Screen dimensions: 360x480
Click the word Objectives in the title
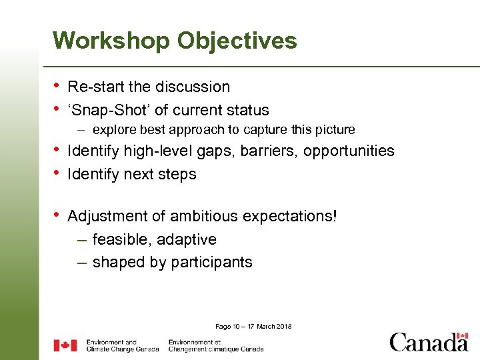pos(237,41)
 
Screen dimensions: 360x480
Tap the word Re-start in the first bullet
pos(93,87)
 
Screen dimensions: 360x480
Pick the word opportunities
pos(349,151)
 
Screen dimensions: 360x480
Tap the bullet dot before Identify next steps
pos(57,174)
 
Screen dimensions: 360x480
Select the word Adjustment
pos(108,216)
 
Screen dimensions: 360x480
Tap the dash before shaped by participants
pos(81,263)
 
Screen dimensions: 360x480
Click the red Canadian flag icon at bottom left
pos(65,345)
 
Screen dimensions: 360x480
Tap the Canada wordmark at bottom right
pos(429,342)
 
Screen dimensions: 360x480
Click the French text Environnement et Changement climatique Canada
pos(215,345)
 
